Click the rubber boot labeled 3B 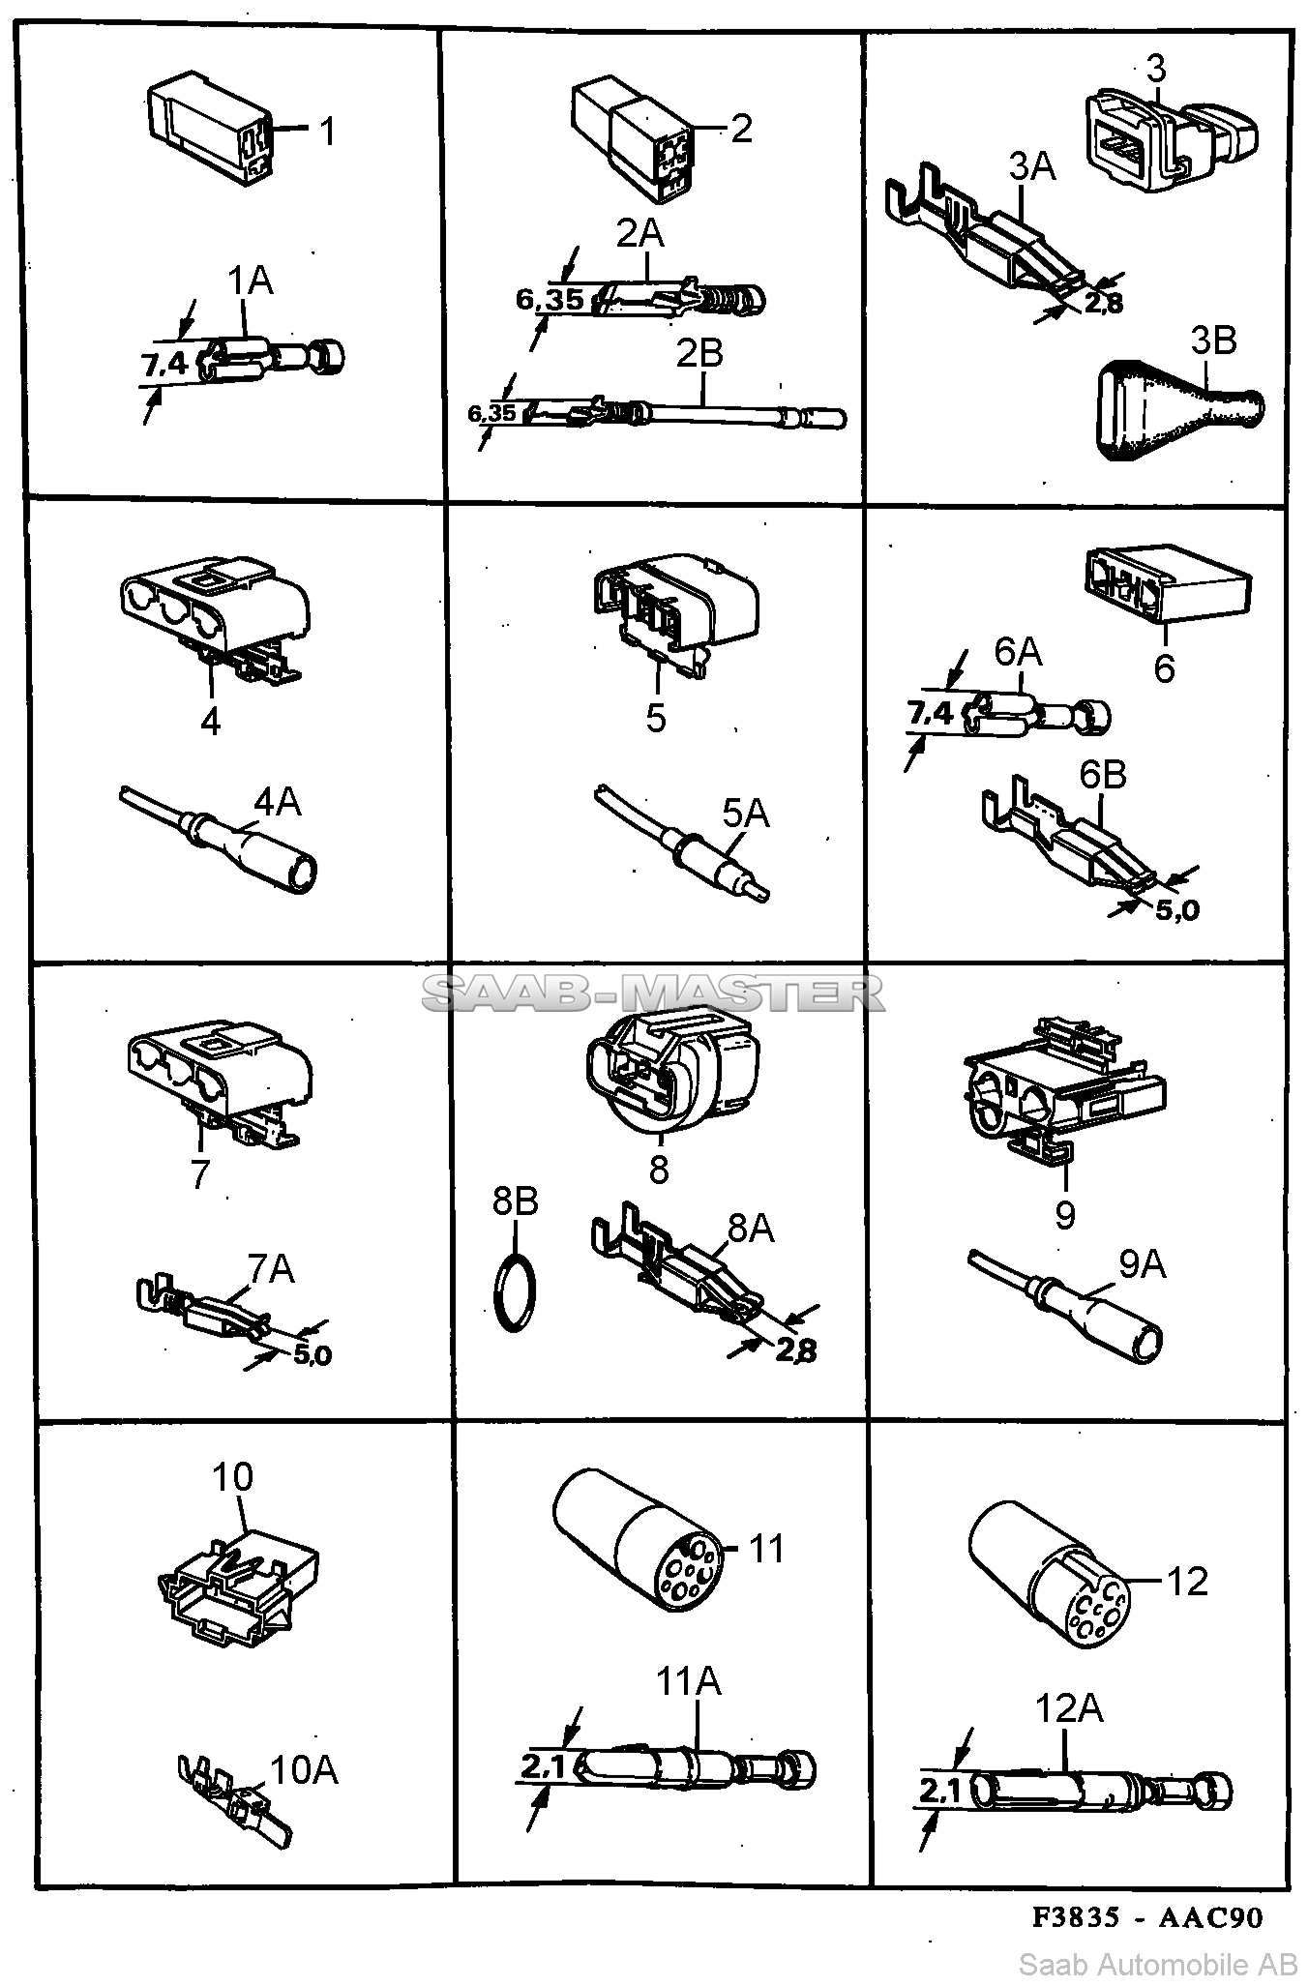[1175, 411]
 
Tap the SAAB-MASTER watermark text [654, 992]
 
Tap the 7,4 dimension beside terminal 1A [164, 364]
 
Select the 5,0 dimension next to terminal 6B [1177, 909]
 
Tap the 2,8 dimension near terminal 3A [1103, 303]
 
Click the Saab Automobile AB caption [1158, 1964]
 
